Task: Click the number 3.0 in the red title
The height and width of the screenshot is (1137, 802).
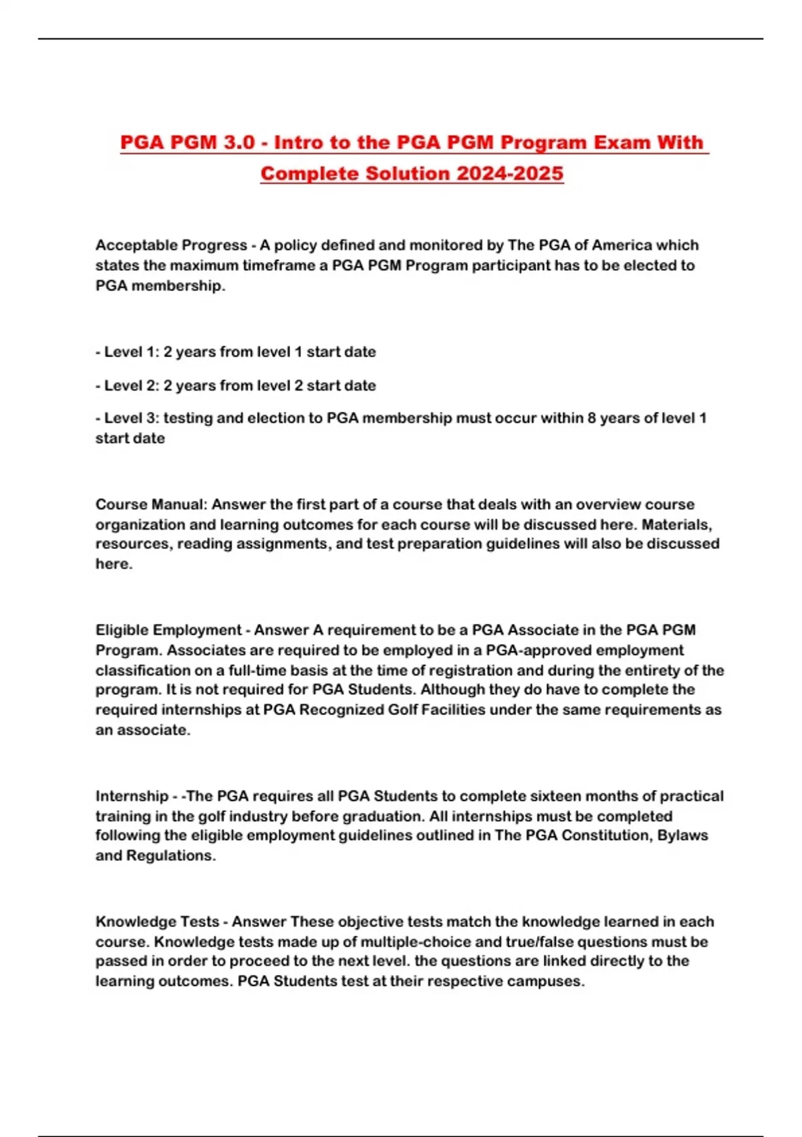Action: (239, 142)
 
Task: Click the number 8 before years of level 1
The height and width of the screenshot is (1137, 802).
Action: (591, 418)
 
